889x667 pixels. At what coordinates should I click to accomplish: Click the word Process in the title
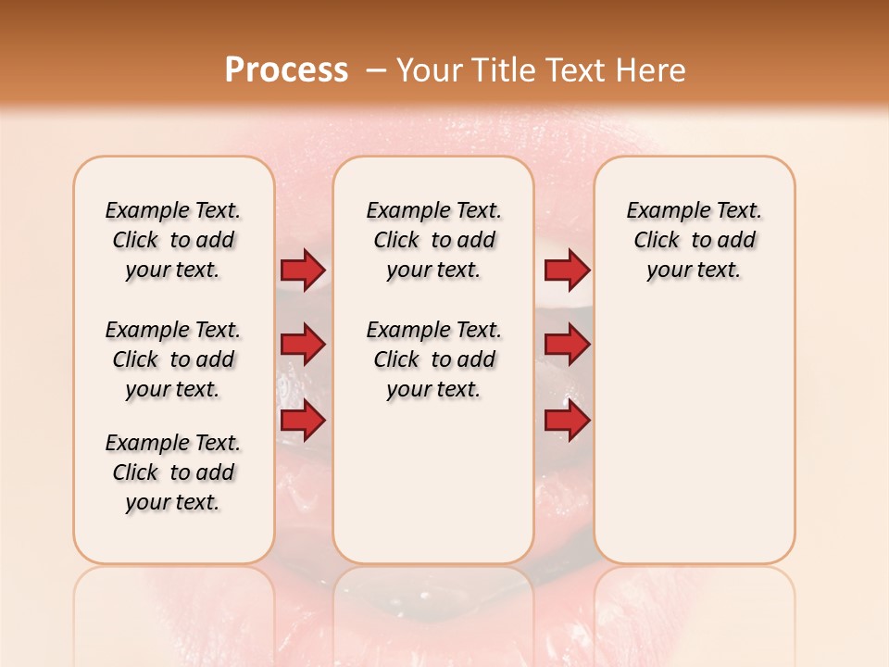(x=286, y=70)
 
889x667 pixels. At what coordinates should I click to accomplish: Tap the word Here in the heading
(x=651, y=70)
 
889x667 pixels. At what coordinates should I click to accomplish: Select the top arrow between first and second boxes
(x=303, y=271)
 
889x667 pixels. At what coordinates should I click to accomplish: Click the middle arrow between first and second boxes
(x=303, y=346)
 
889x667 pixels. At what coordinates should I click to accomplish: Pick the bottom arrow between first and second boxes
(x=303, y=422)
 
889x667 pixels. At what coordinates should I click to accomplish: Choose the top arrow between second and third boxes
(x=567, y=271)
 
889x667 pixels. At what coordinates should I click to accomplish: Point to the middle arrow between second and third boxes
(x=567, y=346)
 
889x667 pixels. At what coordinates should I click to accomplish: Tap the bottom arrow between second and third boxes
(x=567, y=422)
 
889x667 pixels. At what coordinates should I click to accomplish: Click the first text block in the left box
(x=173, y=240)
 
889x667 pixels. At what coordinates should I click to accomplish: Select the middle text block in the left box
(x=173, y=359)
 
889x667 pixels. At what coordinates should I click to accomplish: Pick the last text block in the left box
(x=173, y=472)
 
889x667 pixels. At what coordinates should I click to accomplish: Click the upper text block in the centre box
(x=433, y=240)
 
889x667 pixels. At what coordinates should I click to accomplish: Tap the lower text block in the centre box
(x=433, y=359)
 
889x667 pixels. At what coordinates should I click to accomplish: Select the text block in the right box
(x=694, y=240)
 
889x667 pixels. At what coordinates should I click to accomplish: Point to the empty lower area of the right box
(x=694, y=435)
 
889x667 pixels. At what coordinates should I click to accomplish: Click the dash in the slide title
(x=376, y=70)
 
